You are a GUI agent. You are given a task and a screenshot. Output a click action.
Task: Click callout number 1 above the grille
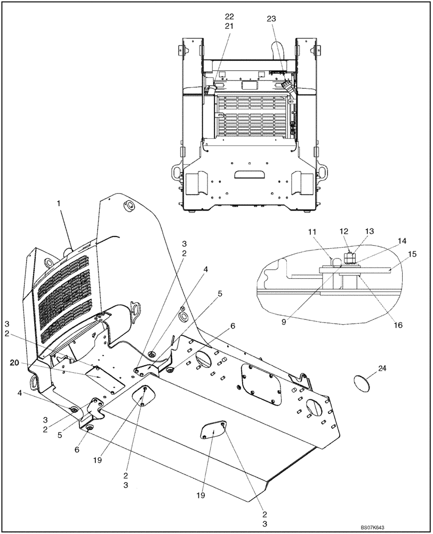pyautogui.click(x=60, y=203)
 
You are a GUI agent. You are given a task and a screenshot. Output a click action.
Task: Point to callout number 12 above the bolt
pyautogui.click(x=343, y=231)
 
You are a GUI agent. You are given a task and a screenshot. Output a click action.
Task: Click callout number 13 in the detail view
pyautogui.click(x=370, y=231)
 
